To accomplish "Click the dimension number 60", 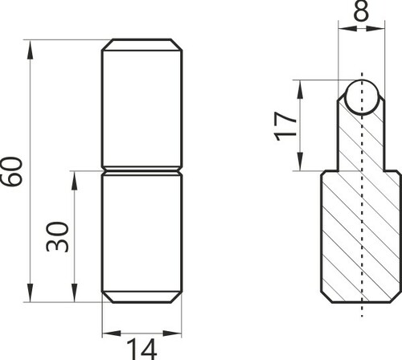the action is [x=11, y=171].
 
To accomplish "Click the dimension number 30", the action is [x=57, y=236].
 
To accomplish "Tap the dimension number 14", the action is [x=142, y=349].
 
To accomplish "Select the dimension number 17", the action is [x=285, y=126].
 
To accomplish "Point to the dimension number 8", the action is [x=361, y=11].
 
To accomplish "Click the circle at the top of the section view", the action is [x=362, y=97].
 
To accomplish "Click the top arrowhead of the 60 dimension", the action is [x=30, y=49].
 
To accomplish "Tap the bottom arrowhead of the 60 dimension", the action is [x=30, y=292].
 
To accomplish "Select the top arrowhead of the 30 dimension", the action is [x=74, y=180].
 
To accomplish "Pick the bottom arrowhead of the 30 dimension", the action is [x=74, y=292].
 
